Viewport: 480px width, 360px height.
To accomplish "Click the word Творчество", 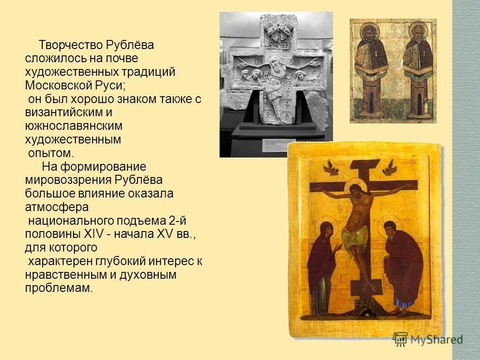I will click(70, 45).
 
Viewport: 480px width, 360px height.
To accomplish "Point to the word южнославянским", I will click(73, 125).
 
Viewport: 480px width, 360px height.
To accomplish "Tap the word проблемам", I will click(59, 288).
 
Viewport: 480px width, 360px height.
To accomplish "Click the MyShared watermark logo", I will click(428, 339).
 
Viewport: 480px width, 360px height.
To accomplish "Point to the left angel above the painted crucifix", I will click(330, 168).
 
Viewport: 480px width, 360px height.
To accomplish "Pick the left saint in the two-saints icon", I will click(371, 68).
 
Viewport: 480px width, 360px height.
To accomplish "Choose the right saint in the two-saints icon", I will click(418, 68).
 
